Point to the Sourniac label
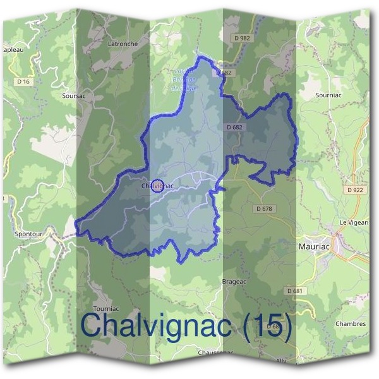[x=328, y=95]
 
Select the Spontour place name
[x=28, y=233]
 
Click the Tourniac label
[x=105, y=291]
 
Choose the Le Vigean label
[x=354, y=222]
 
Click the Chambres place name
[x=351, y=323]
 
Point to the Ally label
[x=281, y=361]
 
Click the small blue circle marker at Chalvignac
[x=159, y=185]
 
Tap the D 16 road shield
[x=23, y=81]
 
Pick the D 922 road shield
[x=356, y=189]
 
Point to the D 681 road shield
[x=294, y=291]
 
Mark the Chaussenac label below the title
[x=215, y=352]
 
